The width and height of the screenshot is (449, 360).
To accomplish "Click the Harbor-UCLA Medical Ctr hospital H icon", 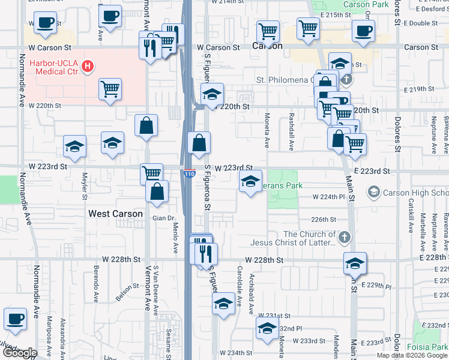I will point(88,65).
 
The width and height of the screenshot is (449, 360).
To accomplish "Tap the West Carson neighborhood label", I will point(115,214).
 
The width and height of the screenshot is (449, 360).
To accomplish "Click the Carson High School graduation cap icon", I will point(373,193).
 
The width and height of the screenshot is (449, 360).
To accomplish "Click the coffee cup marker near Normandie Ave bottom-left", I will point(15,319).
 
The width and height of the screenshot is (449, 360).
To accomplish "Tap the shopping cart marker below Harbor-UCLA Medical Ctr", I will point(110,90).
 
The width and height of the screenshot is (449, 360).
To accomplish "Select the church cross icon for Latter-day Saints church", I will point(345,238).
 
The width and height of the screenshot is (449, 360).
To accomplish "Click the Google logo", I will point(20,353).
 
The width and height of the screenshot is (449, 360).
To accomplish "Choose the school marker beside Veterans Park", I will point(250,181).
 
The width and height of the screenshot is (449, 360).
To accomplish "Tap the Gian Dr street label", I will point(162,218).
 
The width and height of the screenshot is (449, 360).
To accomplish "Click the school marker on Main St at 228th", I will point(355,263).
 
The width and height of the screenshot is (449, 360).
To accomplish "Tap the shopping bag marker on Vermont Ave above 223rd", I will point(146,126).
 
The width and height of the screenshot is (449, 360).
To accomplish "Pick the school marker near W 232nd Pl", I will point(267,328).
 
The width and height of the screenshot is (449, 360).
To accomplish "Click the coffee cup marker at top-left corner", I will point(44,23).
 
